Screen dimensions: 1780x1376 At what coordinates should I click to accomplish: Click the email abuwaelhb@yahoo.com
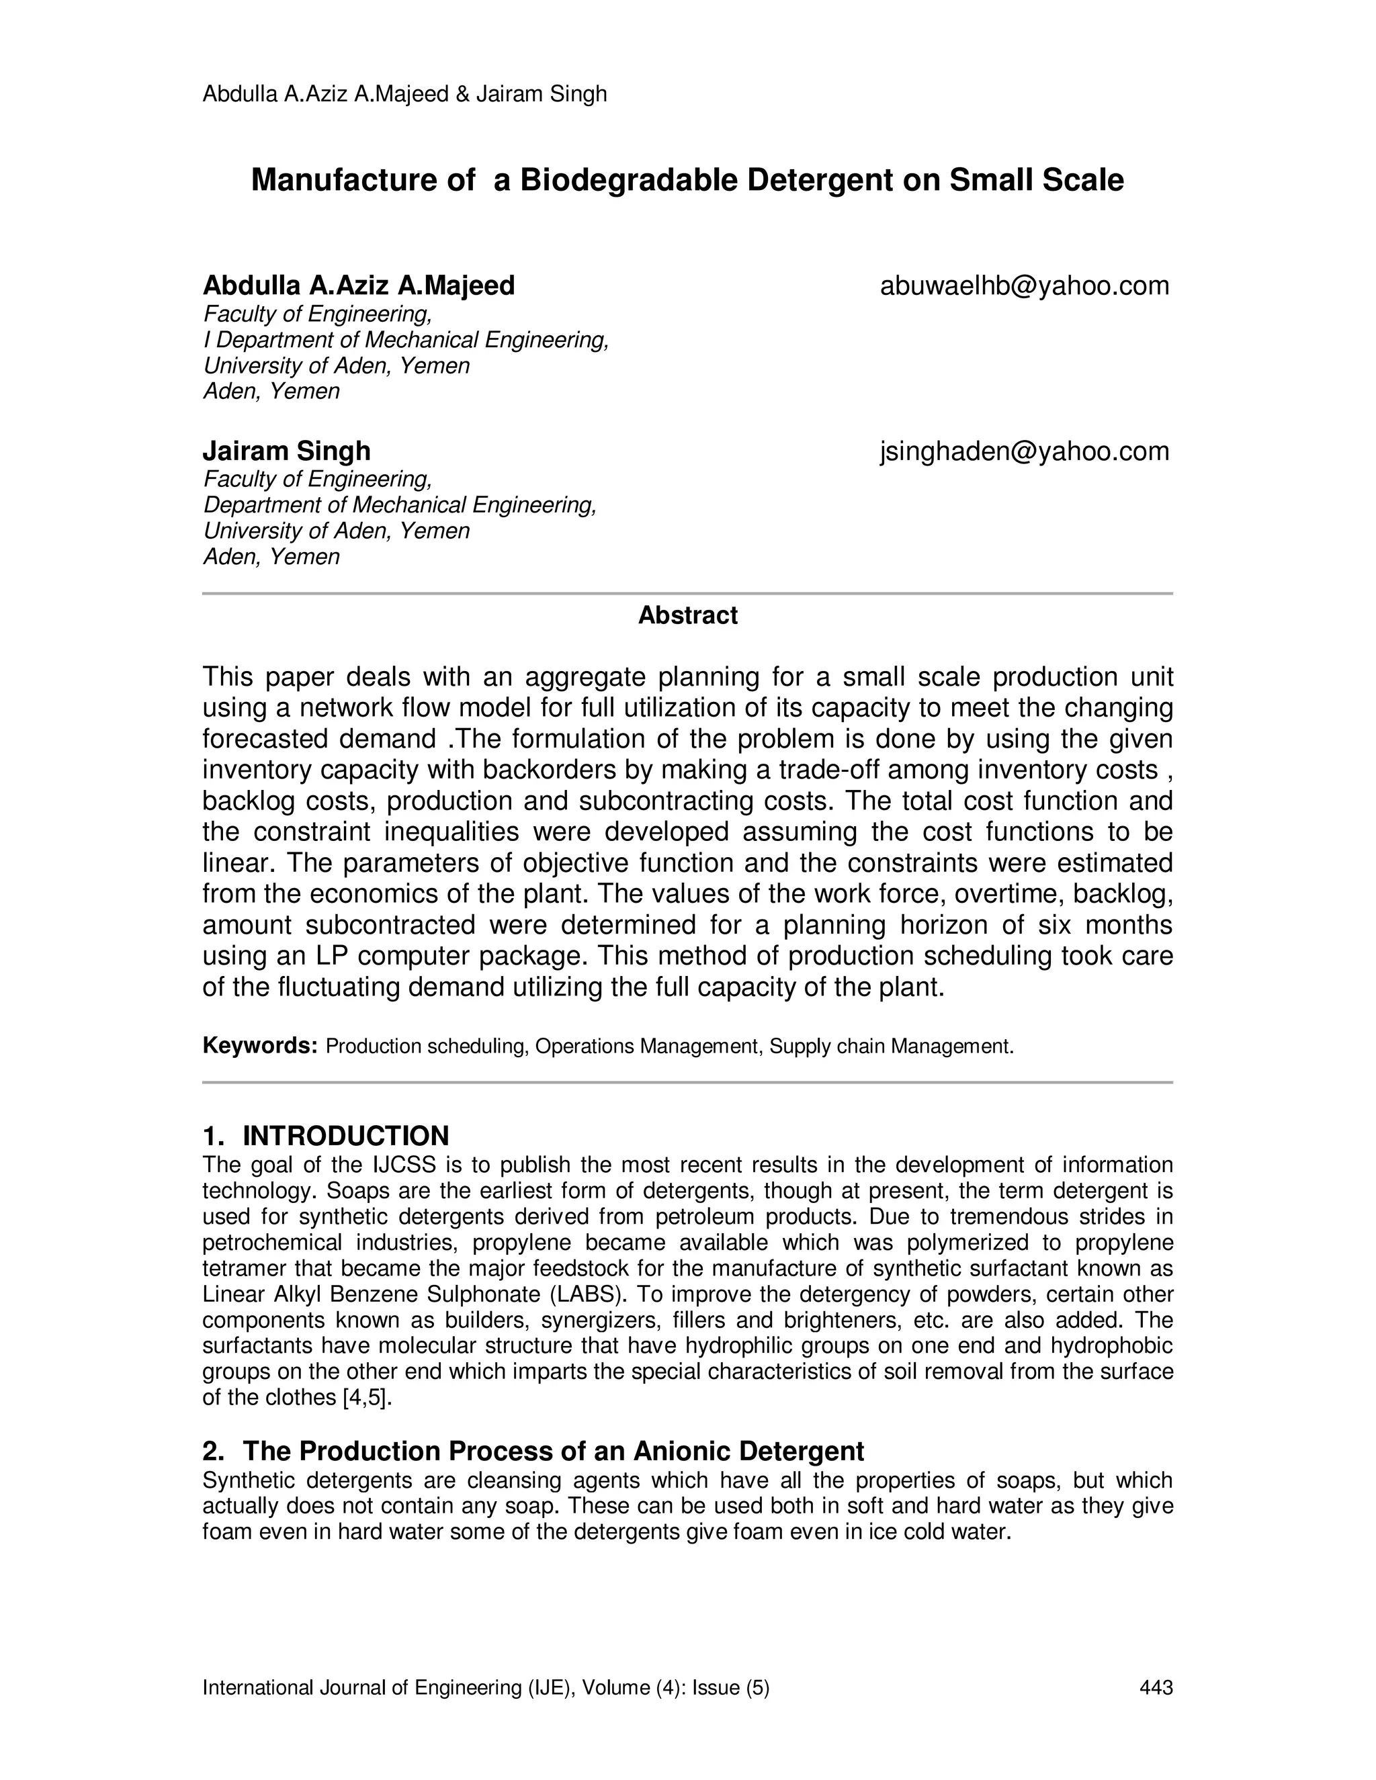pyautogui.click(x=1024, y=286)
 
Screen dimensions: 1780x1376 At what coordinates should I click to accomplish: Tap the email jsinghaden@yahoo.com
pyautogui.click(x=1024, y=451)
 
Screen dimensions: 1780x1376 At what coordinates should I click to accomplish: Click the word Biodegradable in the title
pyautogui.click(x=628, y=180)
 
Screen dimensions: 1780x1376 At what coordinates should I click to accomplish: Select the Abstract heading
pyautogui.click(x=687, y=615)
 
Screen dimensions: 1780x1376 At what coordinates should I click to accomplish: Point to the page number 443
pyautogui.click(x=1156, y=1687)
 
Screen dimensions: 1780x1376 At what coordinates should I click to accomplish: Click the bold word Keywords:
pyautogui.click(x=259, y=1046)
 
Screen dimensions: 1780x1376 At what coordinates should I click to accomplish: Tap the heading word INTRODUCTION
pyautogui.click(x=345, y=1135)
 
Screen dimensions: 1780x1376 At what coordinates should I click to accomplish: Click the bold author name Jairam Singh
pyautogui.click(x=286, y=451)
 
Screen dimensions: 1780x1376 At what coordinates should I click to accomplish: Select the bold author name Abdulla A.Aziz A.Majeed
pyautogui.click(x=359, y=286)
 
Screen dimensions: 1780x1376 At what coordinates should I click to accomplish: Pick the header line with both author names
pyautogui.click(x=404, y=95)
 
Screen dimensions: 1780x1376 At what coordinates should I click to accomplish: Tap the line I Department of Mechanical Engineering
pyautogui.click(x=406, y=340)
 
